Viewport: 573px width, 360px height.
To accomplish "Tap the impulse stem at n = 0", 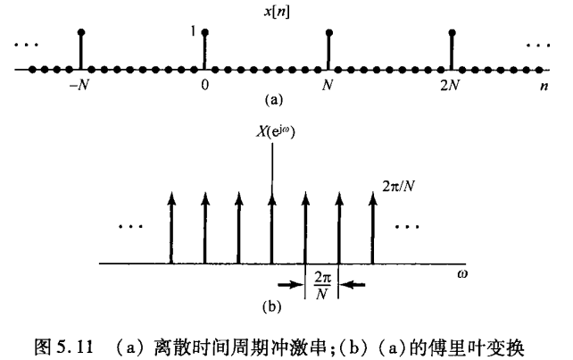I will tap(205, 50).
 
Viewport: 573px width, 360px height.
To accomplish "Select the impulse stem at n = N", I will tap(329, 50).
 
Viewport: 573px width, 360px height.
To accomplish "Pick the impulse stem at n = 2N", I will tap(453, 50).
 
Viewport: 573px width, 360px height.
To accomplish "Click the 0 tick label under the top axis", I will tap(205, 86).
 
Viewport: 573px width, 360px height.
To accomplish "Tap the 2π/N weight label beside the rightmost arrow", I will tap(394, 189).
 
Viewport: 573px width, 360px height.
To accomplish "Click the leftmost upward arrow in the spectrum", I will tap(171, 227).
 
